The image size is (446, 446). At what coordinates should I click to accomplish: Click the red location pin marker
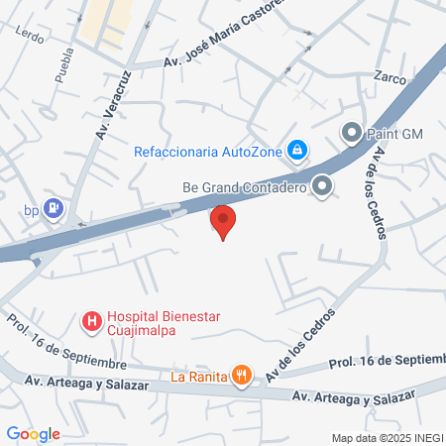pyautogui.click(x=223, y=220)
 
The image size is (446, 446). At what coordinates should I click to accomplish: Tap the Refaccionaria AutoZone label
pyautogui.click(x=208, y=151)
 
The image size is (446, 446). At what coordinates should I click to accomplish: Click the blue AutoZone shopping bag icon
pyautogui.click(x=296, y=151)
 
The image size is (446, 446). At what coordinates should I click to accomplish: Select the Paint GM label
pyautogui.click(x=393, y=132)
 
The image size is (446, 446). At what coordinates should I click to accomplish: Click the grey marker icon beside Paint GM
pyautogui.click(x=351, y=132)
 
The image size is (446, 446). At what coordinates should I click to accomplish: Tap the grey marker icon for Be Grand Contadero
pyautogui.click(x=321, y=185)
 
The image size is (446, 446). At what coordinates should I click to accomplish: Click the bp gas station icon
pyautogui.click(x=55, y=208)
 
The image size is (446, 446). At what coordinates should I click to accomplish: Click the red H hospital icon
pyautogui.click(x=91, y=321)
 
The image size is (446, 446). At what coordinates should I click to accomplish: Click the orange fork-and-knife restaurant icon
pyautogui.click(x=241, y=374)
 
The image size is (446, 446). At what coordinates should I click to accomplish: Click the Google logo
pyautogui.click(x=34, y=433)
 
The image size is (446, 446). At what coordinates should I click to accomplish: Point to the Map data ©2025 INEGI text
pyautogui.click(x=387, y=438)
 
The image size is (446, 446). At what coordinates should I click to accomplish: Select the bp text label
pyautogui.click(x=32, y=209)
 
